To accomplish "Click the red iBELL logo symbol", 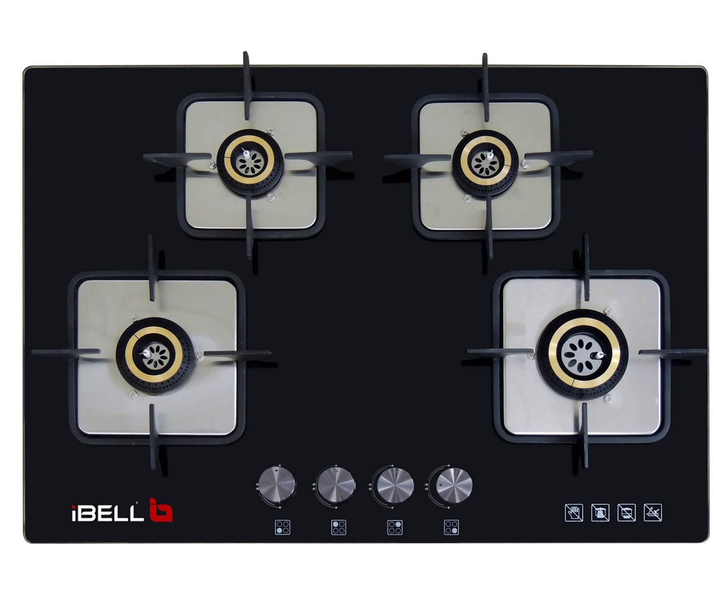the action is (161, 509).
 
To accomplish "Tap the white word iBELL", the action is (107, 513).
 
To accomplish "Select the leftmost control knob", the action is (277, 483).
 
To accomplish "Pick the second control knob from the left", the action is (335, 483).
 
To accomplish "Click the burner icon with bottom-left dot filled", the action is (283, 527).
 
